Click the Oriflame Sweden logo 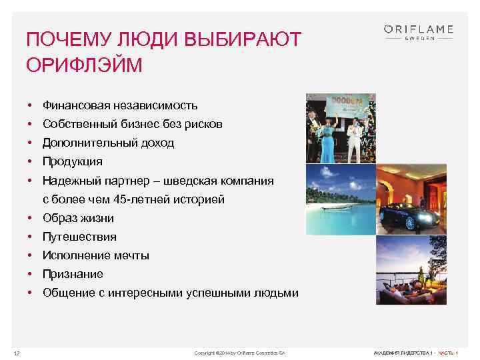coord(419,31)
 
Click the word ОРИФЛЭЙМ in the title coord(84,66)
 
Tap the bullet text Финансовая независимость coord(120,105)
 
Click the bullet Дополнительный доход coord(108,143)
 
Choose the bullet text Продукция coord(73,161)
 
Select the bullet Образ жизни coord(78,218)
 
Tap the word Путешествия coord(79,237)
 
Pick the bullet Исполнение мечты coord(96,255)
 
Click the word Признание coord(73,274)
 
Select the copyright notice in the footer coord(239,352)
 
